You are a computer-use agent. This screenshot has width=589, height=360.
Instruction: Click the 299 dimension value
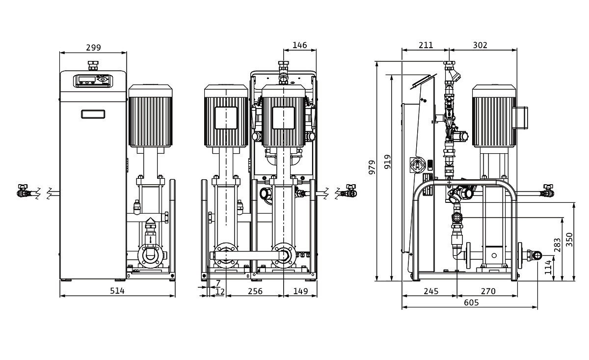click(x=93, y=48)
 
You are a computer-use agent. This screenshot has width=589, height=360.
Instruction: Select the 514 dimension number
click(x=117, y=291)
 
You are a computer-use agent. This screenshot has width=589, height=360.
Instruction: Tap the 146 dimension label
click(x=299, y=45)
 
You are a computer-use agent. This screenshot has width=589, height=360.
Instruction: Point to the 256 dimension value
click(x=255, y=291)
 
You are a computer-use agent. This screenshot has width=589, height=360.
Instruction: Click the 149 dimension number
click(x=300, y=291)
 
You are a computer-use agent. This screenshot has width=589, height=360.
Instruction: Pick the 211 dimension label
click(x=426, y=45)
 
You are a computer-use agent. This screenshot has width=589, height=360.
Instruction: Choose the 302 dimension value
click(x=480, y=45)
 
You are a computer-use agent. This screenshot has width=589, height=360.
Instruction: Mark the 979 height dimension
click(x=372, y=167)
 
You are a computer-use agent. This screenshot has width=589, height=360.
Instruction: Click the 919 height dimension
click(x=388, y=162)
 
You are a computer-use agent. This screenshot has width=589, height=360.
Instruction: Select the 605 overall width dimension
click(x=471, y=303)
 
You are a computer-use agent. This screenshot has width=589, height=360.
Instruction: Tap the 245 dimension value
click(x=431, y=291)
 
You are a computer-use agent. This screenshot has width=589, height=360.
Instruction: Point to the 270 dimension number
click(x=488, y=291)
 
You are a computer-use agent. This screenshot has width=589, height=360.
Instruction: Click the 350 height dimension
click(x=569, y=240)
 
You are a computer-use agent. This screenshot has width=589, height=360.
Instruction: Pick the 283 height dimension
click(x=557, y=245)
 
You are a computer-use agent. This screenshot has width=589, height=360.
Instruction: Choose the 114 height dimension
click(x=548, y=267)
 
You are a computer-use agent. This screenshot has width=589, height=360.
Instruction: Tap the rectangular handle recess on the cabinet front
click(x=93, y=114)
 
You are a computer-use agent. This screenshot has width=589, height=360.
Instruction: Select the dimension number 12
click(x=220, y=292)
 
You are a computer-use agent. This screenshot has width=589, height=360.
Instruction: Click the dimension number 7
click(x=218, y=283)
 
